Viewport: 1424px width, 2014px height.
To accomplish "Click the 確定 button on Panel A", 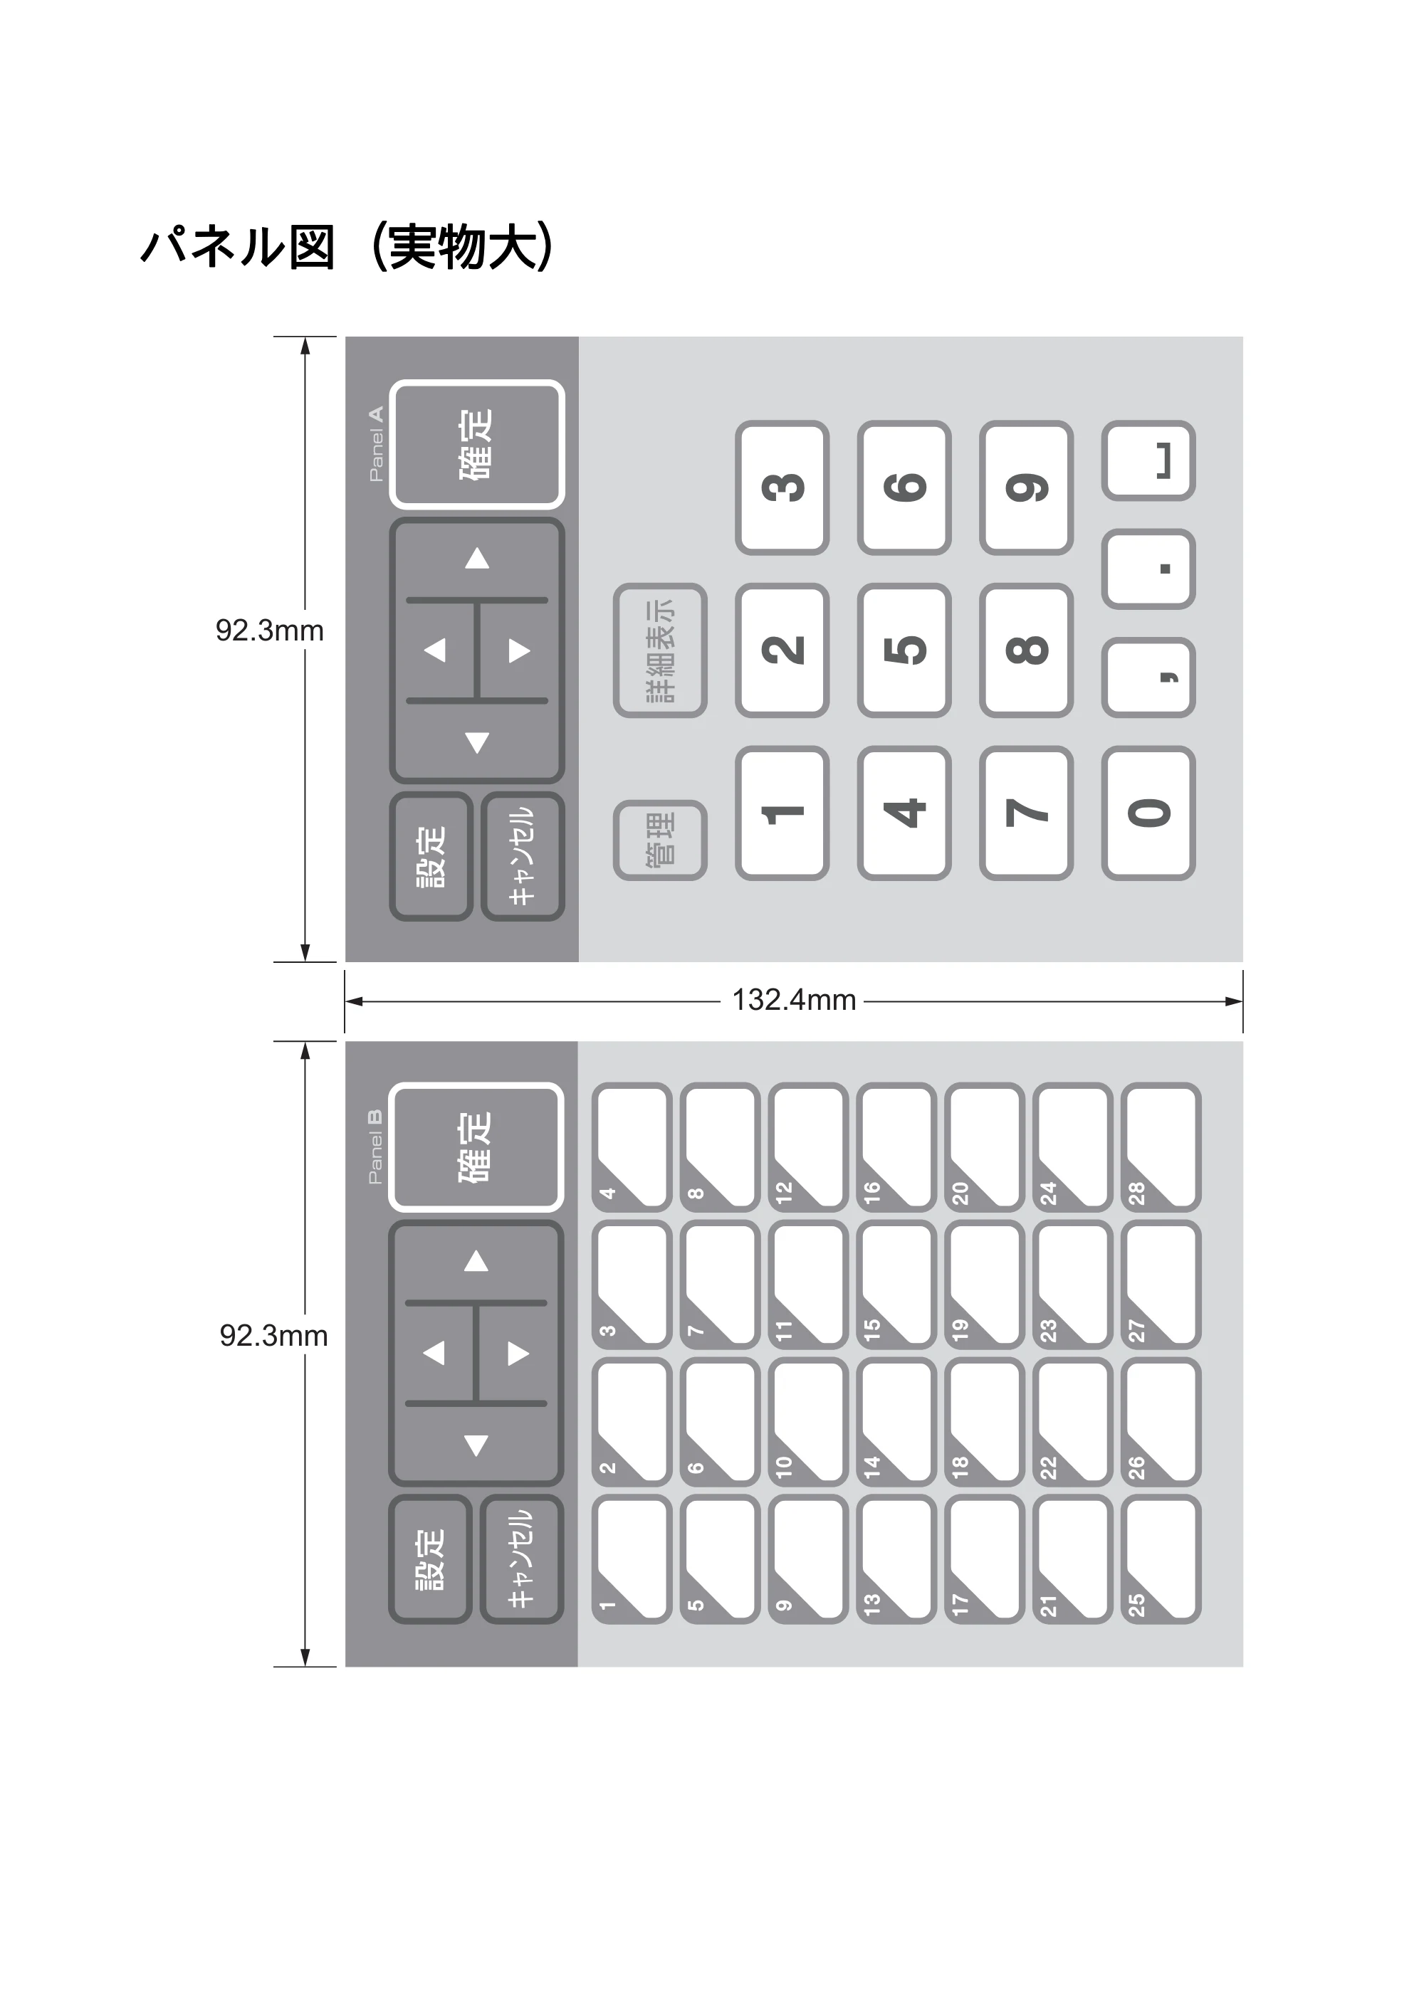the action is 476,444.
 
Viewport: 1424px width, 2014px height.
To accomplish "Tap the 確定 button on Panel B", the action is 476,1147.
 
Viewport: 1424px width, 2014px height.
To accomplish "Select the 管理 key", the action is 660,840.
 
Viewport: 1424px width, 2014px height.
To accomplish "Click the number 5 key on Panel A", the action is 904,650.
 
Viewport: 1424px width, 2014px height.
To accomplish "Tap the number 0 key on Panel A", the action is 1148,813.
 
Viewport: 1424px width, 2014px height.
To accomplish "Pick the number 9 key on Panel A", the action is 1027,487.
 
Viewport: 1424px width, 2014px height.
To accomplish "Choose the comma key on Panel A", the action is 1148,678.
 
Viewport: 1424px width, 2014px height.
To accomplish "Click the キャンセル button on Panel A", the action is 523,856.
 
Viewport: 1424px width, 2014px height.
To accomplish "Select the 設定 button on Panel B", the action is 430,1559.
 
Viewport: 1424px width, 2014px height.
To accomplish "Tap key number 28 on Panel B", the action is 1161,1147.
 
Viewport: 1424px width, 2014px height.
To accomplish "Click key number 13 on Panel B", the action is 896,1559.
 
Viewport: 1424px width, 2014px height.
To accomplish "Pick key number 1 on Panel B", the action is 632,1559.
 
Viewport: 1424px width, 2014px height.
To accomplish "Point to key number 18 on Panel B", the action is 985,1422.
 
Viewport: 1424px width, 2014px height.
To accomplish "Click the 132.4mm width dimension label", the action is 794,1000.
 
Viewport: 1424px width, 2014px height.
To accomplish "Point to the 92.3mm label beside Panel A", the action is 269,631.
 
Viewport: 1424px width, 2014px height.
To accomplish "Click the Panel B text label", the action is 375,1146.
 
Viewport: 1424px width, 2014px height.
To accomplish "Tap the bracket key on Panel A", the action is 1148,460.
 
